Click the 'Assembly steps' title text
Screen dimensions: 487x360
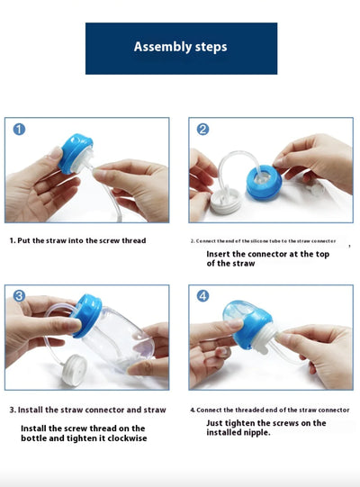tap(180, 47)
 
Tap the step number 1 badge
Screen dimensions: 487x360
tap(19, 130)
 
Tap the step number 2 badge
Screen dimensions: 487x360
tap(202, 130)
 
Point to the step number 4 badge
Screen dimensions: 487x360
tap(202, 296)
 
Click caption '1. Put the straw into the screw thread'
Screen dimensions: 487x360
tap(77, 240)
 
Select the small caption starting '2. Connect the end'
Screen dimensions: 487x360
tap(263, 241)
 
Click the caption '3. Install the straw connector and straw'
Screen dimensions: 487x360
tap(86, 410)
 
